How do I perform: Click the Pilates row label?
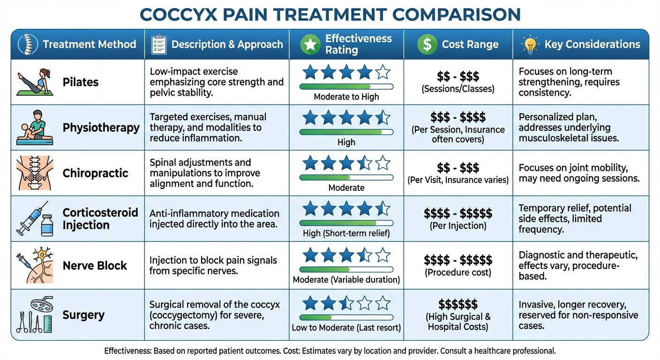click(81, 82)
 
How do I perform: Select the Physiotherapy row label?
click(101, 128)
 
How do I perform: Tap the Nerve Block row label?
click(95, 266)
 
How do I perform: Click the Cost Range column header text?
click(470, 45)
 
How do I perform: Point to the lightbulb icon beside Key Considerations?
click(530, 45)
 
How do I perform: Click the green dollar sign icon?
click(427, 45)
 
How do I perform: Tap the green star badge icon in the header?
click(309, 45)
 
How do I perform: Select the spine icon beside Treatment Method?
click(27, 45)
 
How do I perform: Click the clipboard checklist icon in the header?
click(159, 45)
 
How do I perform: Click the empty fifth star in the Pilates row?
click(382, 72)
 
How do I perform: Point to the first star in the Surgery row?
click(310, 303)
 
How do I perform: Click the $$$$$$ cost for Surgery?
click(458, 304)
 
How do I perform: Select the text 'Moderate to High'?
click(346, 97)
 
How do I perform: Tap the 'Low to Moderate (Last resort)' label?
click(346, 328)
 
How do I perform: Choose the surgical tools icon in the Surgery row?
click(35, 315)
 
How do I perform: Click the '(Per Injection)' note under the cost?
click(458, 225)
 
